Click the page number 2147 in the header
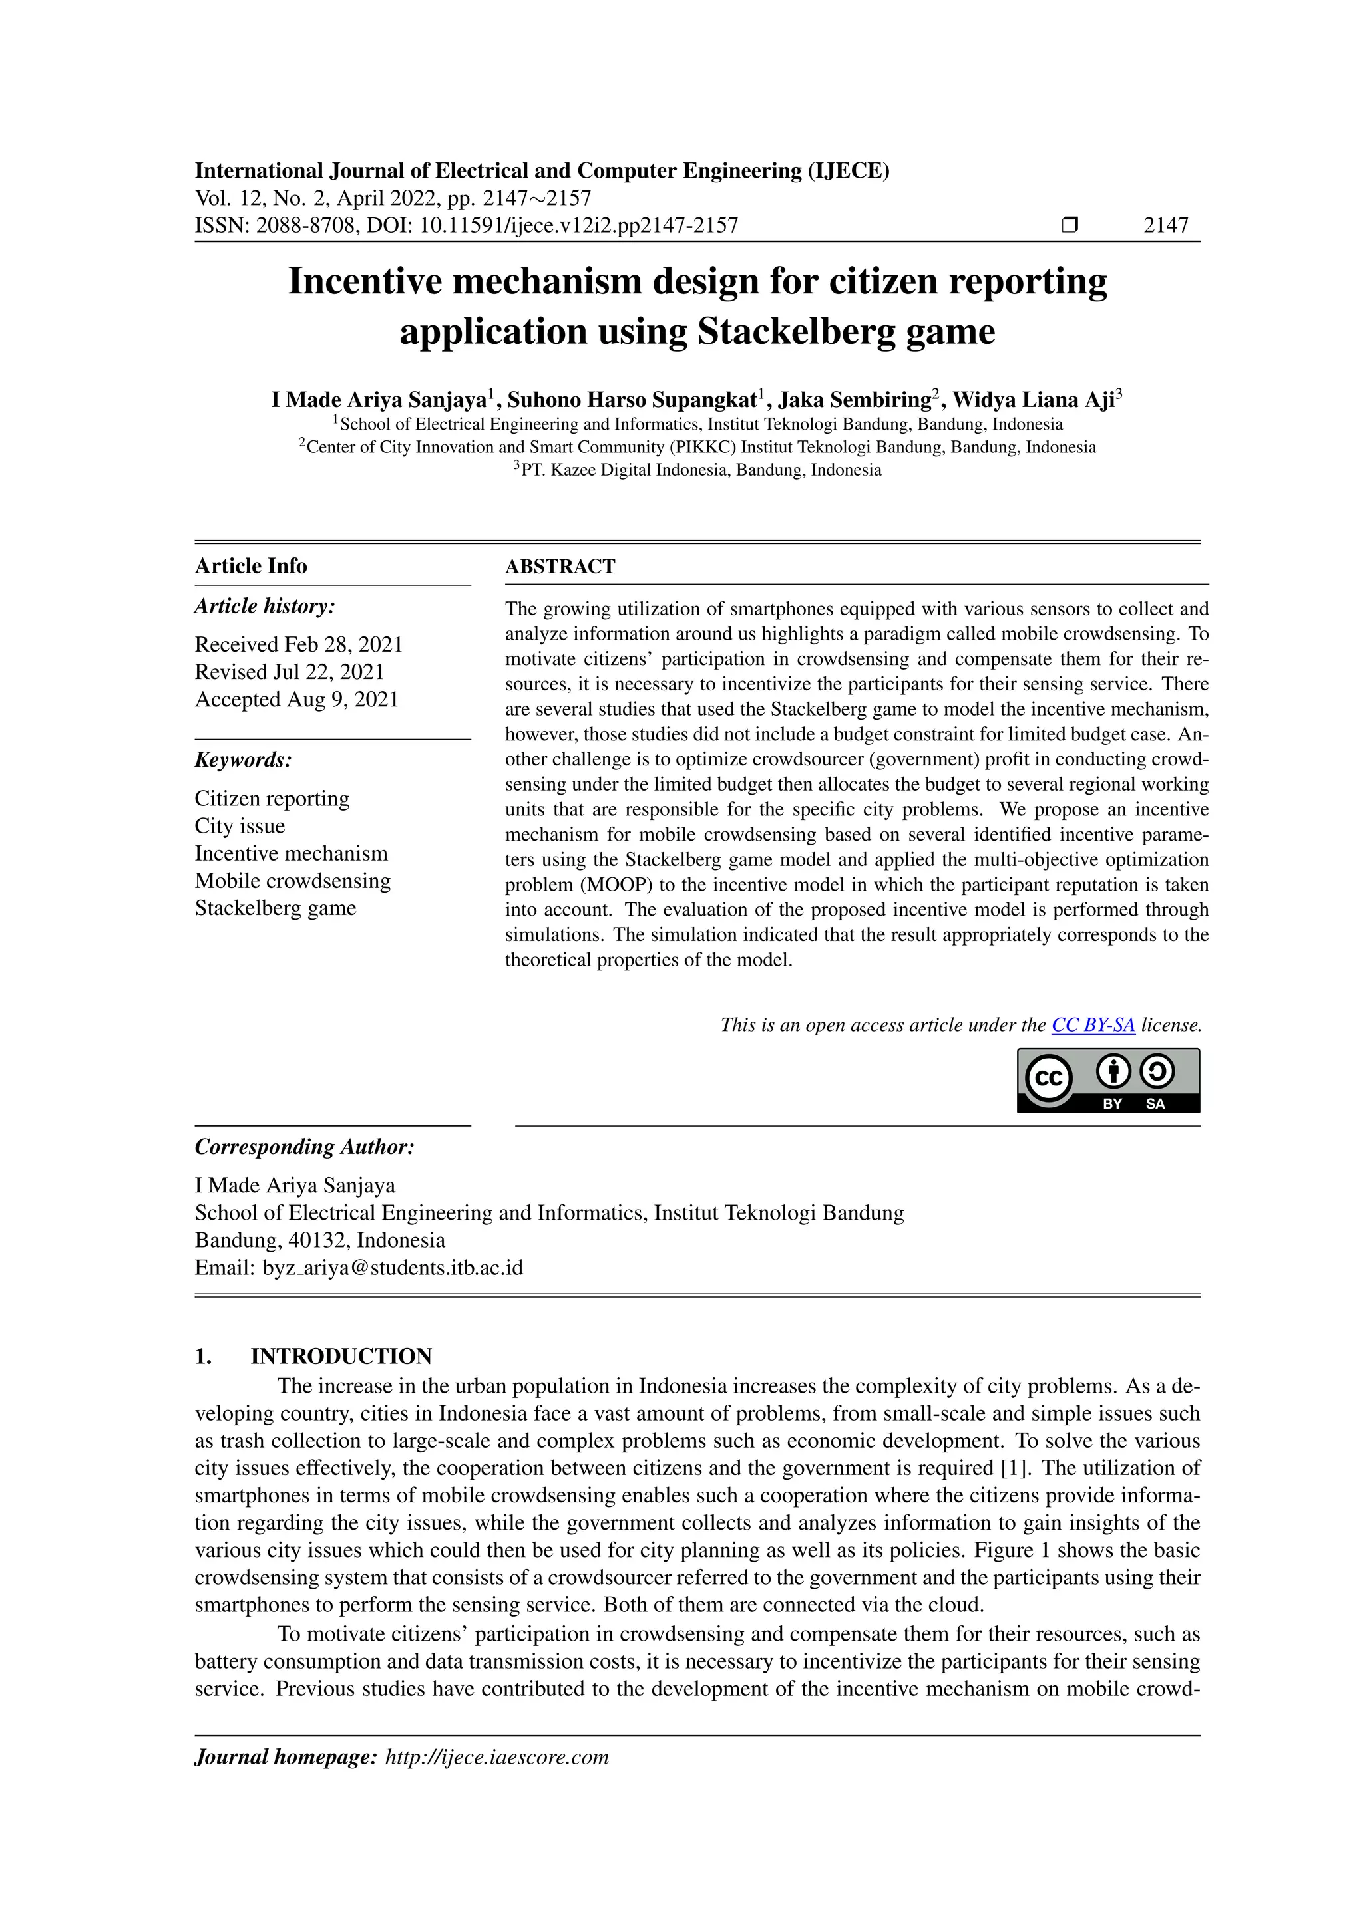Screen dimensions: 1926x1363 [x=1166, y=225]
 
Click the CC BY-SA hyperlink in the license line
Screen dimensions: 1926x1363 [x=1093, y=1025]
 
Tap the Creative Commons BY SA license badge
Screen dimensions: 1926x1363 [x=1108, y=1081]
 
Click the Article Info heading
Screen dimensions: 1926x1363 [x=251, y=566]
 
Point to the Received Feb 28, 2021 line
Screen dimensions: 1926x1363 [x=299, y=644]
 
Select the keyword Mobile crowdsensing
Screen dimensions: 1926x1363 [x=293, y=881]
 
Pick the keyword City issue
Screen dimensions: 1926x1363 [x=240, y=826]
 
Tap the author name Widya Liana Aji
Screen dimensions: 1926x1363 [x=1033, y=400]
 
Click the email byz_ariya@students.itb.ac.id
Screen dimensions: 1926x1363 [x=393, y=1268]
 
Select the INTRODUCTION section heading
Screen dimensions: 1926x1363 [x=341, y=1357]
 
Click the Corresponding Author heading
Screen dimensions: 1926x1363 [x=305, y=1147]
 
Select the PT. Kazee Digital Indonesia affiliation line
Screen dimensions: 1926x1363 [x=697, y=470]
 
